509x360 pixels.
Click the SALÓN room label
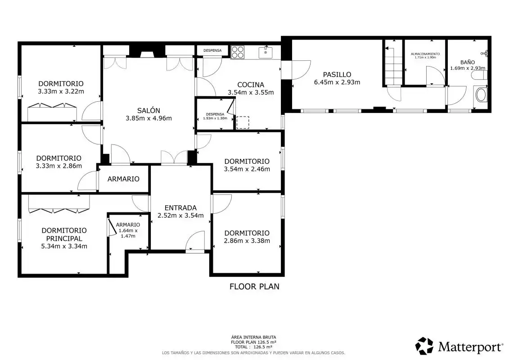(149, 110)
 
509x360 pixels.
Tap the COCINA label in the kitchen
(251, 85)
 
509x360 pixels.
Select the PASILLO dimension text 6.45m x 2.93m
(337, 82)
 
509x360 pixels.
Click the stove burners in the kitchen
(238, 52)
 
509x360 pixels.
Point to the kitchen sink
(266, 53)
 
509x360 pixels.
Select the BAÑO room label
(467, 62)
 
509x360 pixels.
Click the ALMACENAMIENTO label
(425, 54)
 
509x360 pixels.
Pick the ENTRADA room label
(180, 208)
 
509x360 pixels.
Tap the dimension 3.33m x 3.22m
(61, 91)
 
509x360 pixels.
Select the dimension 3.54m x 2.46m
(247, 169)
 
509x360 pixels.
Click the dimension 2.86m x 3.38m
(247, 241)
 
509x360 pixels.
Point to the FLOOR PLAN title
(254, 286)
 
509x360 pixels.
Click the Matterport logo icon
(424, 346)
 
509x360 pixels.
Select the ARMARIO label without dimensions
(123, 179)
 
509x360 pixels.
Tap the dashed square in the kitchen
(243, 122)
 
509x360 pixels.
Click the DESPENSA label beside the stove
(212, 50)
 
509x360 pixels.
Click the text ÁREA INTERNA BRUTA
(253, 337)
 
